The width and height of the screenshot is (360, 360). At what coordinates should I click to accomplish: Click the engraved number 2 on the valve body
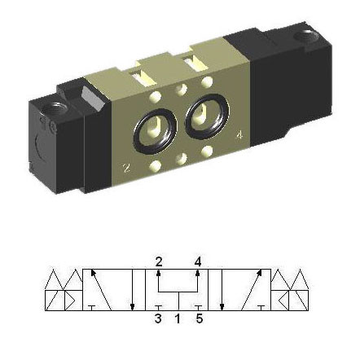[126, 168]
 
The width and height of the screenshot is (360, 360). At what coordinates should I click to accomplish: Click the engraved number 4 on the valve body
[239, 135]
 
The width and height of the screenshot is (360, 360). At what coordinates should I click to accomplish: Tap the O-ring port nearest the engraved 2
[155, 131]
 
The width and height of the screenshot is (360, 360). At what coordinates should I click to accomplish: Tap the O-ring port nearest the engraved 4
[207, 116]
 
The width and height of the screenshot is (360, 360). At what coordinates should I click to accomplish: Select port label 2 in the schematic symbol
[159, 262]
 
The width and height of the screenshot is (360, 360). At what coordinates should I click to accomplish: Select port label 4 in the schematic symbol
[198, 262]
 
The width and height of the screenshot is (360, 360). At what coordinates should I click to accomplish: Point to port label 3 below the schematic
[158, 318]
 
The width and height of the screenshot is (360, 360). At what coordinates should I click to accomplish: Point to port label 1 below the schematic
[178, 318]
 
